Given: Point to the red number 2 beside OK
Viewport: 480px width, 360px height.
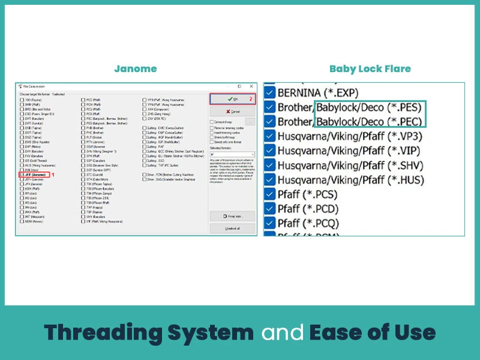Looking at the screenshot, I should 251,98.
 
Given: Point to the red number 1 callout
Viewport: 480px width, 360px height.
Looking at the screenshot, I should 53,175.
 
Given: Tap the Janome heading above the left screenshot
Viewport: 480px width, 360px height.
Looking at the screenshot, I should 136,68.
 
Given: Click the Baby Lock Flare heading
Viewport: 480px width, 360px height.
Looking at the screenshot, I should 370,68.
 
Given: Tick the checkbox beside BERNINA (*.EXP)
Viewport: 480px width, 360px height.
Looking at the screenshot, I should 270,93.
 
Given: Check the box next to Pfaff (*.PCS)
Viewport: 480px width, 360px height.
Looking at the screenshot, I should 270,194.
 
